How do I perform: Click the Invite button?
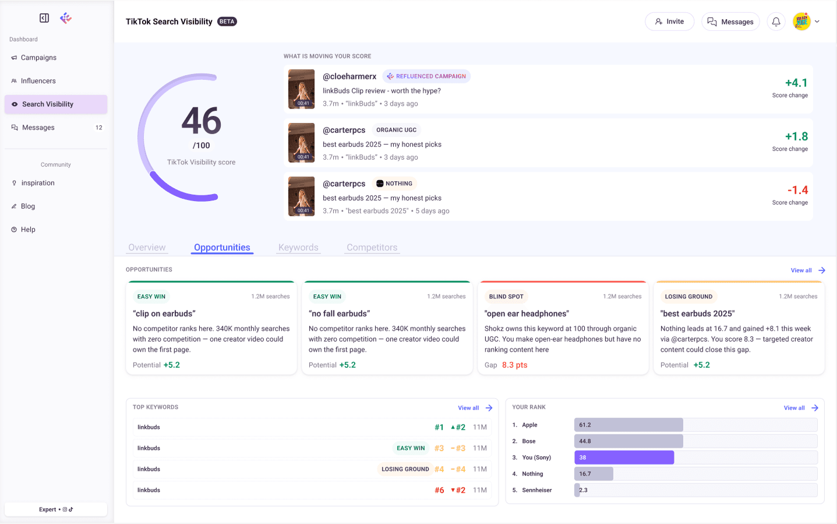tap(669, 22)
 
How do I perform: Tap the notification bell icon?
tap(776, 22)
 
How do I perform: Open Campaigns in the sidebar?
tap(38, 58)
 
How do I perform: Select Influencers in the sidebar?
tap(38, 81)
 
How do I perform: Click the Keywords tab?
tap(298, 247)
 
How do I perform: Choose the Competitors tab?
tap(372, 247)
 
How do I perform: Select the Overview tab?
tap(147, 247)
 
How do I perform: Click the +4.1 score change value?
tap(796, 83)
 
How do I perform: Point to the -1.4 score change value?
tap(797, 190)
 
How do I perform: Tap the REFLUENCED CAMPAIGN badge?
tap(426, 76)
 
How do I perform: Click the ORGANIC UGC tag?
tap(396, 130)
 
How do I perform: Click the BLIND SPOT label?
tap(506, 297)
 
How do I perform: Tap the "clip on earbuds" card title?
tap(164, 314)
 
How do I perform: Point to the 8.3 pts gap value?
tap(514, 365)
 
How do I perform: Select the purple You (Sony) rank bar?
tap(624, 458)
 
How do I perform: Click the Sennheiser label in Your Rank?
tap(536, 490)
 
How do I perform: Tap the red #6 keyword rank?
tap(439, 490)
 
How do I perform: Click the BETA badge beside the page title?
tap(227, 22)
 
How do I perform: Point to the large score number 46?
tap(202, 121)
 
